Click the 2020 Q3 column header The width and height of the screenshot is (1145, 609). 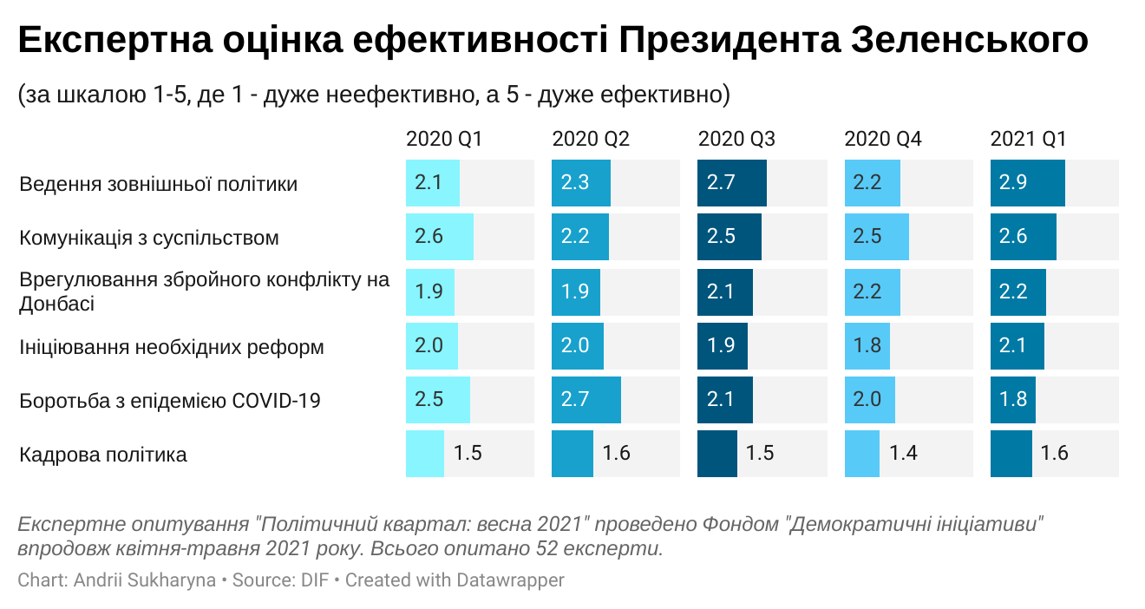(x=736, y=140)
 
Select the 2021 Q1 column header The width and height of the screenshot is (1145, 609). (x=1029, y=140)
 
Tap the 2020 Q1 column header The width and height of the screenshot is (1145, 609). (x=444, y=140)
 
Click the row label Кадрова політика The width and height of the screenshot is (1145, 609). (x=103, y=455)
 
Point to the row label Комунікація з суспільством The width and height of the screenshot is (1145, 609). (x=149, y=238)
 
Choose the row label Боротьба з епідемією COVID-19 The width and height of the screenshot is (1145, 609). (x=170, y=401)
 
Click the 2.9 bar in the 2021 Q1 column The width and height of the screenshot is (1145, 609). (x=1028, y=183)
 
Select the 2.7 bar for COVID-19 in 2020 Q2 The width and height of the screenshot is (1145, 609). (x=586, y=399)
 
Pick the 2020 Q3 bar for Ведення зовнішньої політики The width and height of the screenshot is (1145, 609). (x=732, y=183)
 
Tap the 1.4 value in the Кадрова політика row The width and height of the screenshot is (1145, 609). (x=903, y=453)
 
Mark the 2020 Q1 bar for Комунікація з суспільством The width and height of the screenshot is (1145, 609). (x=440, y=237)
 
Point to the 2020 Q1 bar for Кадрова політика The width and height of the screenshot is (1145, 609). (x=425, y=454)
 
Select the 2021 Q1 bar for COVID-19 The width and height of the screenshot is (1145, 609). (x=1013, y=399)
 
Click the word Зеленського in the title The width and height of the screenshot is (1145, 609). (x=971, y=41)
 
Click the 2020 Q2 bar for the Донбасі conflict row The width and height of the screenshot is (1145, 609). (x=576, y=291)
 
